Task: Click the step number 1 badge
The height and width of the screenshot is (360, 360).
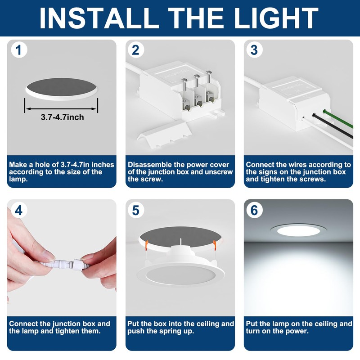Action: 19,49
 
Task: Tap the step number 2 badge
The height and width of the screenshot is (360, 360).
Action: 136,49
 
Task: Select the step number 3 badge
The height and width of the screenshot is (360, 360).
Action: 254,49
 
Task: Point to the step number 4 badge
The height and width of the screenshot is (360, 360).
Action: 19,210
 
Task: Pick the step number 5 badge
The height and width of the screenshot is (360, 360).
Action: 136,210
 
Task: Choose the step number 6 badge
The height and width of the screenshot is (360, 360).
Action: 254,210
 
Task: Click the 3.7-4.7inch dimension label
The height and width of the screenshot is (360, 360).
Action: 62,117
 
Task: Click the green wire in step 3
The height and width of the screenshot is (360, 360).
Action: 337,119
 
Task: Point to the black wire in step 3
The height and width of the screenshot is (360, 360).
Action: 332,126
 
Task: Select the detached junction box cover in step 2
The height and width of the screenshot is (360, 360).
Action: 164,135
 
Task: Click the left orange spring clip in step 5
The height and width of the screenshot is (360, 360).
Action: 146,245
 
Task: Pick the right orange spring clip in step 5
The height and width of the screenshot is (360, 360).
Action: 215,245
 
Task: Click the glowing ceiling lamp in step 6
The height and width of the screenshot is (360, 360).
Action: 298,230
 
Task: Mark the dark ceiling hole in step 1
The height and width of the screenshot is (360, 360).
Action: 61,87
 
